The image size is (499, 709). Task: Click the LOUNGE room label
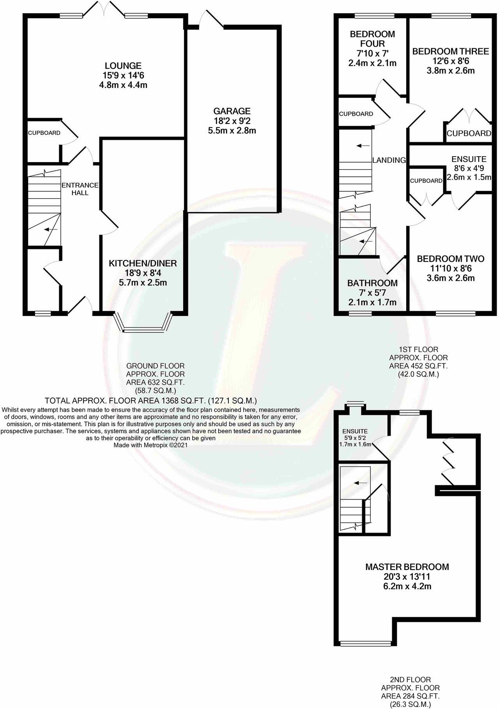(122, 66)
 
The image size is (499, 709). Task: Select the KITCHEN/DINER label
(142, 263)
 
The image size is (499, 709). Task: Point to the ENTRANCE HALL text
(80, 189)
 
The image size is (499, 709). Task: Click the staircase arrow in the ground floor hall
(51, 229)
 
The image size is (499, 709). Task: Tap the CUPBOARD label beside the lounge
(44, 133)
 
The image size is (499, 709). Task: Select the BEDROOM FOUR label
(372, 39)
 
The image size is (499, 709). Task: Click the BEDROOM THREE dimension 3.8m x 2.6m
(451, 71)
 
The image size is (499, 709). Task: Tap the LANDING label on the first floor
(389, 160)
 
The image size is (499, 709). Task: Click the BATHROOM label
(372, 283)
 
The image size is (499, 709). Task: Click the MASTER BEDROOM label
(407, 567)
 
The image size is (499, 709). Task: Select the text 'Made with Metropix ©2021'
(150, 445)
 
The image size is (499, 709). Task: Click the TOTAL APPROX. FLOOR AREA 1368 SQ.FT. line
(150, 400)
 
